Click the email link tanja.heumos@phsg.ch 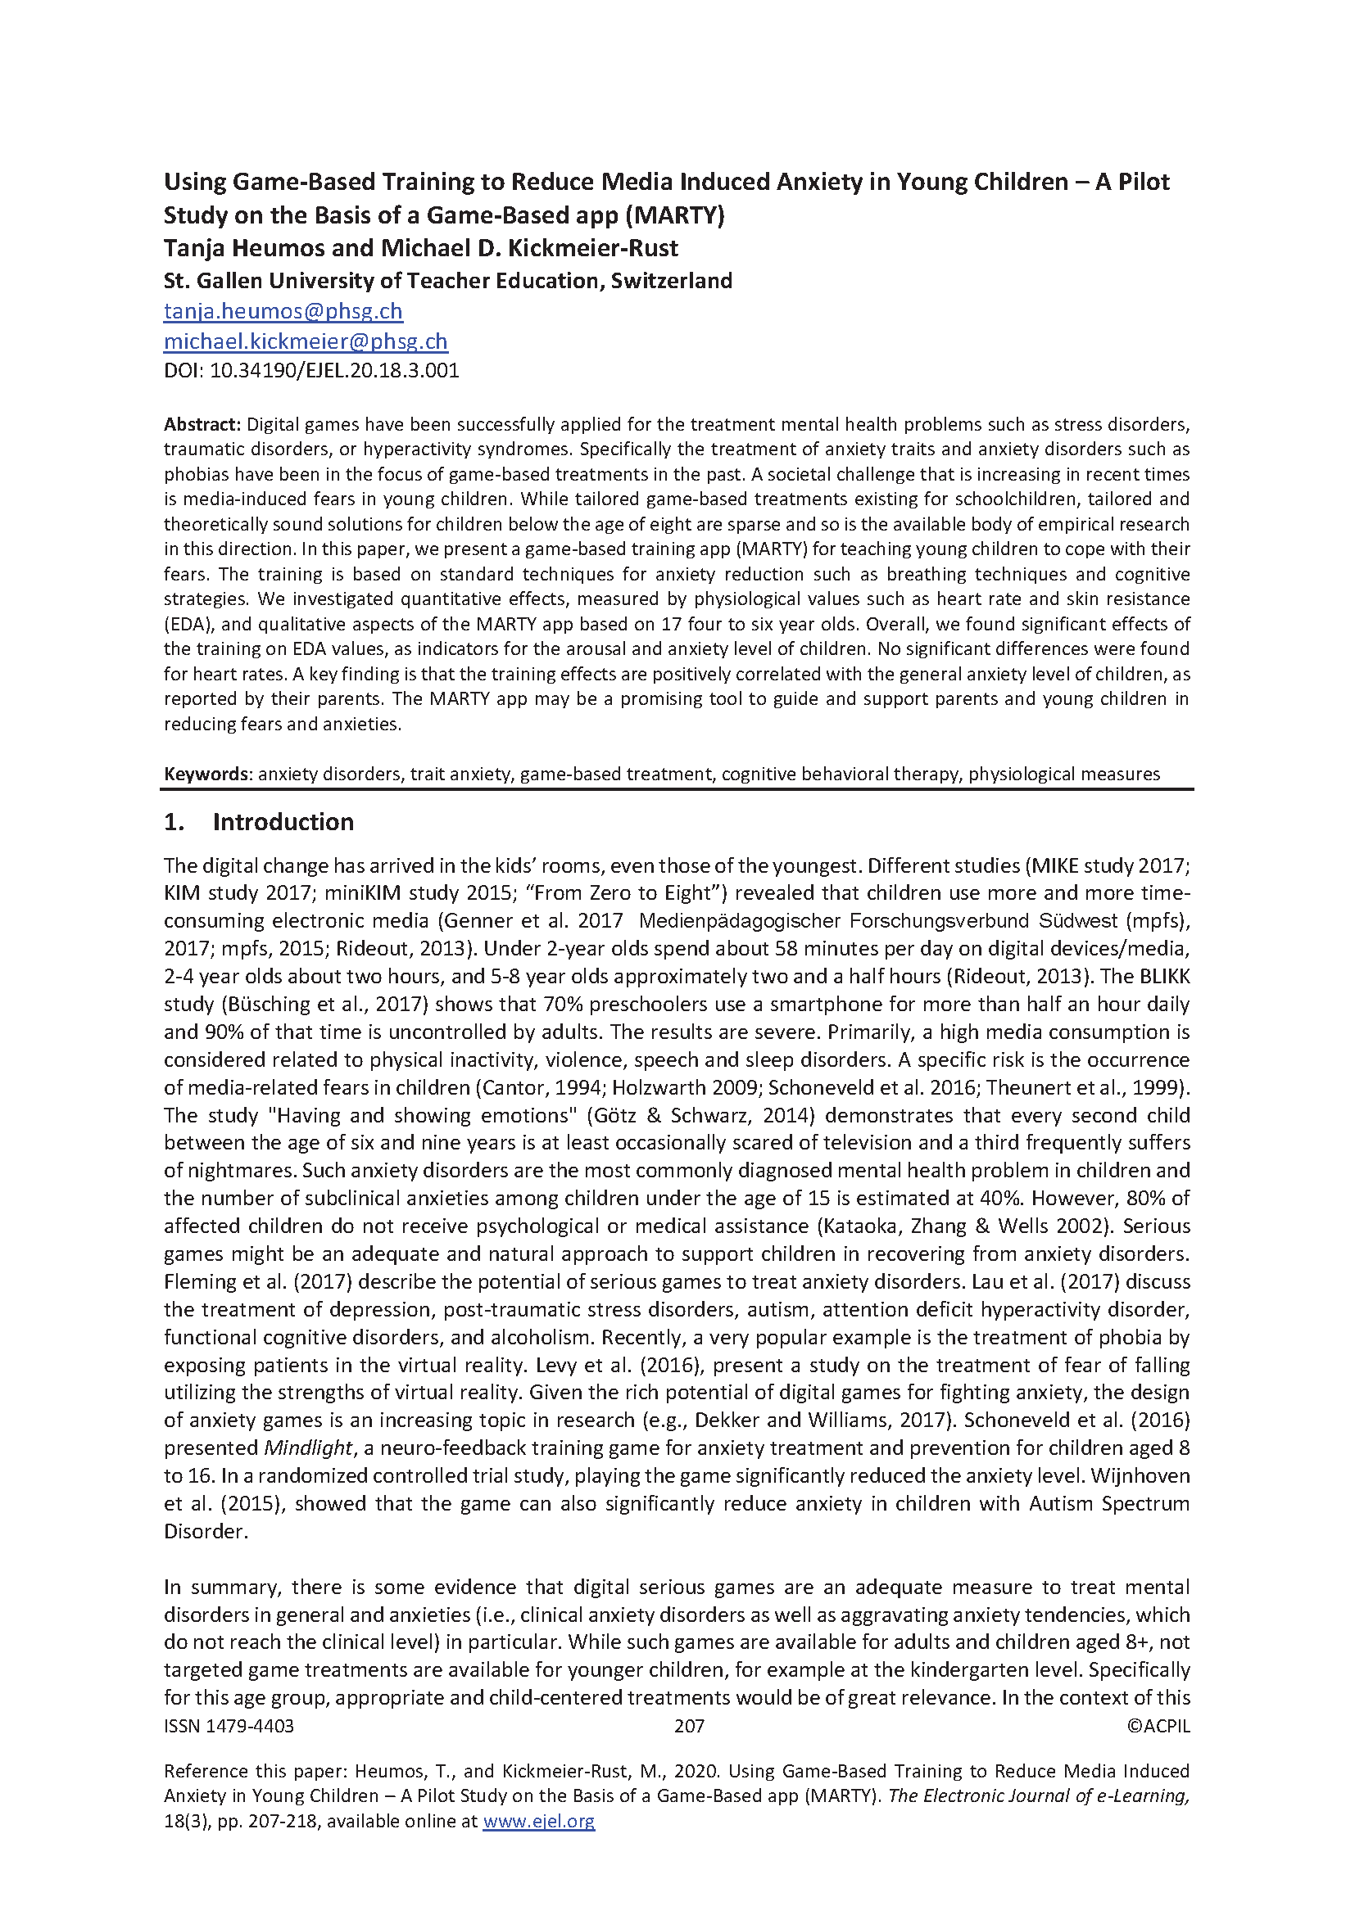(283, 311)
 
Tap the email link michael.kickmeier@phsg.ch (306, 341)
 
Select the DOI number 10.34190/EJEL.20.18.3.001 (333, 370)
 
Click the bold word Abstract (202, 425)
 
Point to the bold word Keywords (207, 774)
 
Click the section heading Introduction (283, 822)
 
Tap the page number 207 (689, 1726)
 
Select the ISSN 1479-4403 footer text (229, 1726)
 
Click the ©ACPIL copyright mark (1158, 1726)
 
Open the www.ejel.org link (539, 1821)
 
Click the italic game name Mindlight (309, 1448)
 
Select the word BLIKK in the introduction (1165, 976)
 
